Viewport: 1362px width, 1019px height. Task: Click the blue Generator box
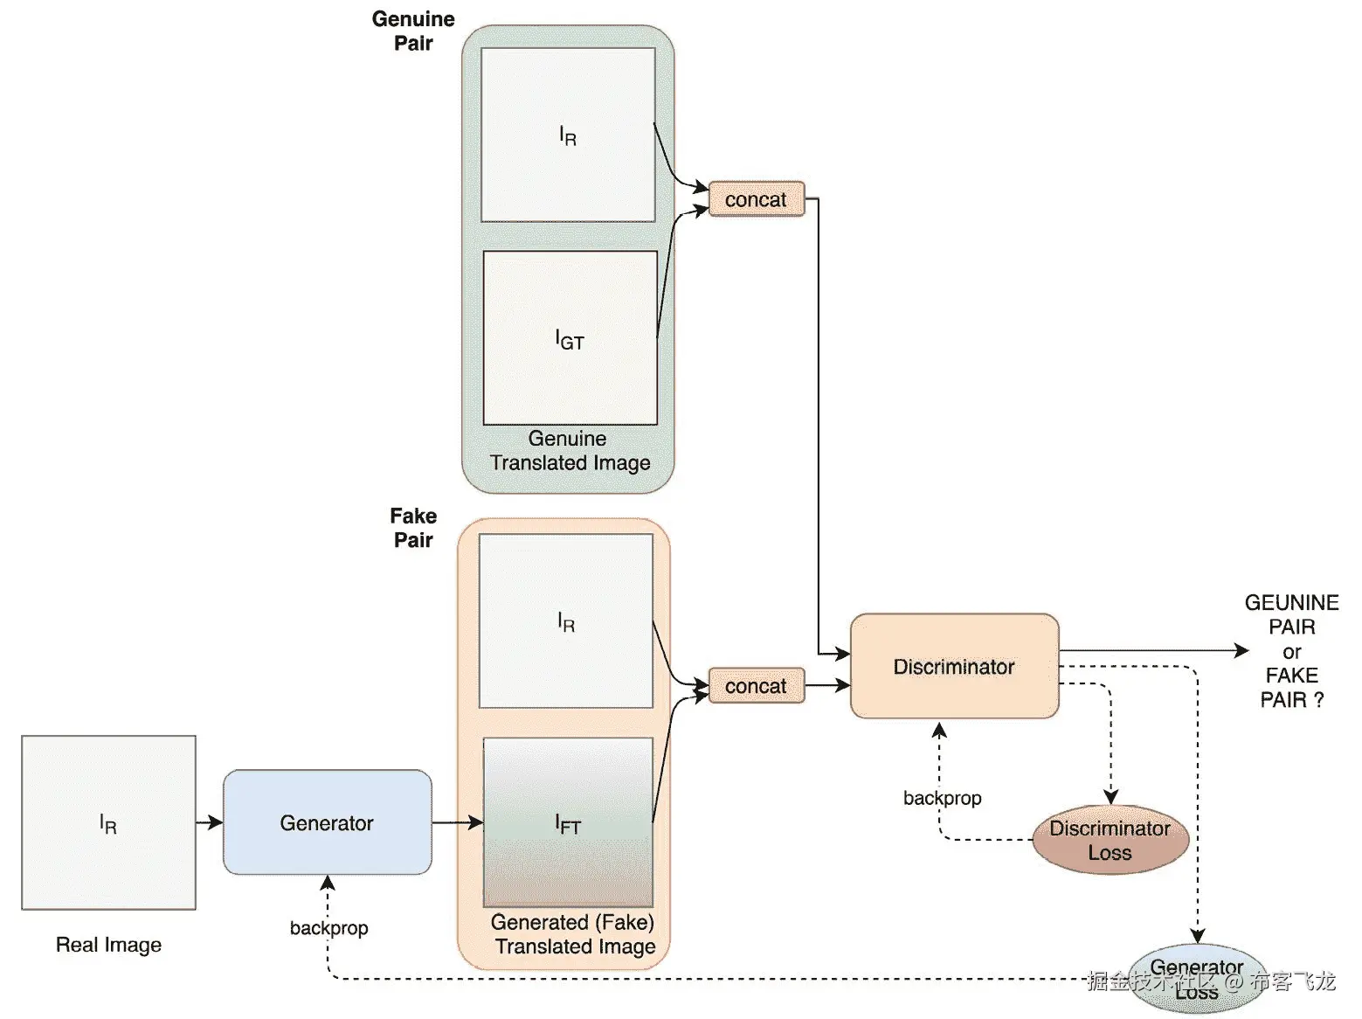pyautogui.click(x=327, y=822)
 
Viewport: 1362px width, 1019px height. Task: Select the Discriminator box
pyautogui.click(x=954, y=667)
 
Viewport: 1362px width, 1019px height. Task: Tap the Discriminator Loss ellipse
pyautogui.click(x=1110, y=840)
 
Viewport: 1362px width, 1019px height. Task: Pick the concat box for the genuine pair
pyautogui.click(x=756, y=199)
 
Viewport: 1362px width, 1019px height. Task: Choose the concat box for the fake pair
pyautogui.click(x=756, y=686)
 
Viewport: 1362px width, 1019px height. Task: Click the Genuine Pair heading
pyautogui.click(x=413, y=31)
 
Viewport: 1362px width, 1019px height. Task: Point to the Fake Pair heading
pyautogui.click(x=413, y=528)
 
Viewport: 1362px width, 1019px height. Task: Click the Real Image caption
pyautogui.click(x=108, y=945)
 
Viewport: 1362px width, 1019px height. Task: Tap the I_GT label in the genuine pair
pyautogui.click(x=570, y=339)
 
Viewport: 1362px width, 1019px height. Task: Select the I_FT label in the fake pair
pyautogui.click(x=568, y=823)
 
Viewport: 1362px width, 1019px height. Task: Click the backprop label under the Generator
pyautogui.click(x=328, y=927)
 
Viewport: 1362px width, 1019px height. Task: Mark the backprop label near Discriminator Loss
pyautogui.click(x=942, y=798)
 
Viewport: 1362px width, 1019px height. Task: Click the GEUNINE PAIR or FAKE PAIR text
pyautogui.click(x=1291, y=651)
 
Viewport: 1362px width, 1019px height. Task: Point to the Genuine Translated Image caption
pyautogui.click(x=570, y=450)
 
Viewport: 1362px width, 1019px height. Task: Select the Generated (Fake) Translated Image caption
pyautogui.click(x=573, y=934)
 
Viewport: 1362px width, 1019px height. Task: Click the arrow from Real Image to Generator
pyautogui.click(x=209, y=822)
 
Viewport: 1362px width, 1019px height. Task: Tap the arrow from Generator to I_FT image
pyautogui.click(x=457, y=822)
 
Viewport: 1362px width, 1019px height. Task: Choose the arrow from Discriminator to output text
pyautogui.click(x=1153, y=650)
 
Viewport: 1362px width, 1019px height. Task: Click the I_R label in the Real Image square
pyautogui.click(x=108, y=823)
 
